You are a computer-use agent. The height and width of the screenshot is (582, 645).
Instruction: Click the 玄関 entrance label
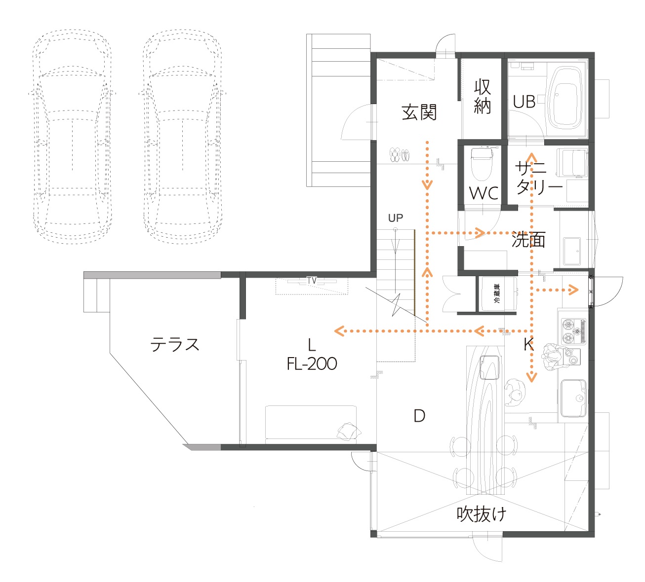pyautogui.click(x=419, y=112)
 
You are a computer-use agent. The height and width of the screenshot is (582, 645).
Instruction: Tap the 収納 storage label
pyautogui.click(x=483, y=96)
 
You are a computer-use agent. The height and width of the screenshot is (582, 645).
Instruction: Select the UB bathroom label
pyautogui.click(x=524, y=102)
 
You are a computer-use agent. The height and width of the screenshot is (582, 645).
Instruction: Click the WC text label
pyautogui.click(x=484, y=193)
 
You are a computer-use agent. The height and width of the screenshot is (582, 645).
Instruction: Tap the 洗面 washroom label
pyautogui.click(x=528, y=240)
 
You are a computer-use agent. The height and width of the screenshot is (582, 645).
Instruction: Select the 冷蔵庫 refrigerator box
pyautogui.click(x=497, y=293)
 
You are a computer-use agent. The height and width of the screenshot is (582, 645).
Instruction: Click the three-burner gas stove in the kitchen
pyautogui.click(x=573, y=331)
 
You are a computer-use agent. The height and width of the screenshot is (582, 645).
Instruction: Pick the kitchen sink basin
pyautogui.click(x=573, y=399)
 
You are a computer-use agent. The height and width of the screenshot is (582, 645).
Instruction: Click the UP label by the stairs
pyautogui.click(x=396, y=218)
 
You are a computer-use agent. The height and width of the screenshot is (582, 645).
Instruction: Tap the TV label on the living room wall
pyautogui.click(x=312, y=281)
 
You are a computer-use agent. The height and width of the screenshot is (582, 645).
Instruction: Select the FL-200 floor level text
pyautogui.click(x=312, y=364)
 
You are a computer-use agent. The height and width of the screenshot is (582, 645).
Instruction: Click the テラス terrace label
pyautogui.click(x=175, y=344)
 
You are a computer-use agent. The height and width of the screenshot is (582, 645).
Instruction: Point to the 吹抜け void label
pyautogui.click(x=481, y=514)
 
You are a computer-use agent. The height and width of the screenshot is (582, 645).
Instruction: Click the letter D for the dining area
pyautogui.click(x=419, y=416)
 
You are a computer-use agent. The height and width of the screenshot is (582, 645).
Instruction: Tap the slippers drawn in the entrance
pyautogui.click(x=400, y=155)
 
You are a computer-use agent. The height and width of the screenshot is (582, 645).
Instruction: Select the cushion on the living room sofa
pyautogui.click(x=349, y=431)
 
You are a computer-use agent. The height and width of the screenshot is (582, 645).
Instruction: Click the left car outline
pyautogui.click(x=72, y=136)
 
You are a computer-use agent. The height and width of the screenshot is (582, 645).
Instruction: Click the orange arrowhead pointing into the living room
pyautogui.click(x=340, y=331)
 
